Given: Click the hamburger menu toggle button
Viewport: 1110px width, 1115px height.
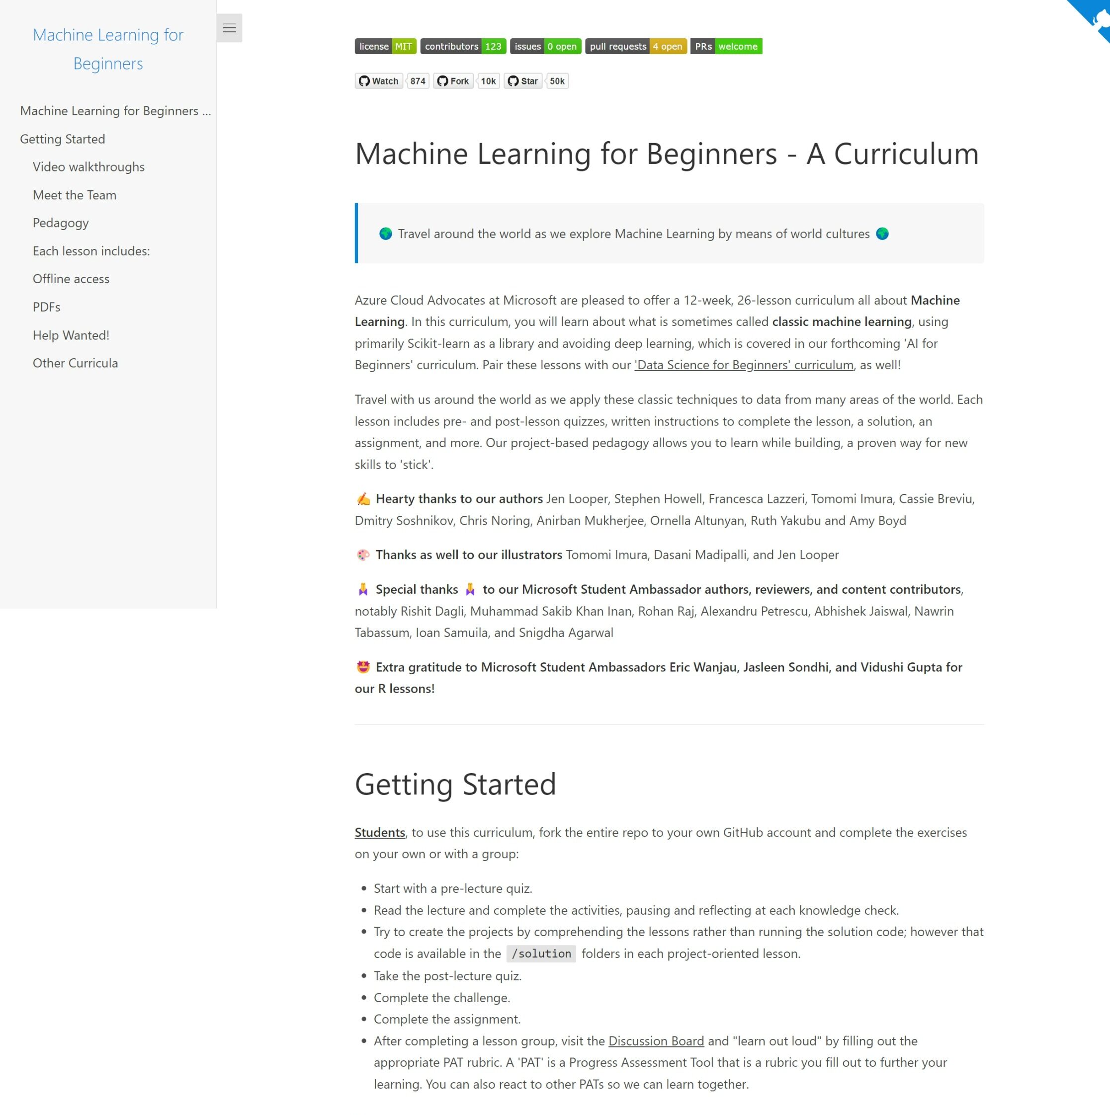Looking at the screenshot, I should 229,28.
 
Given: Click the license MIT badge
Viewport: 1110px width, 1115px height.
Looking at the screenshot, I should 385,46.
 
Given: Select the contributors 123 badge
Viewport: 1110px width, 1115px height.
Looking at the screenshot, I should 463,46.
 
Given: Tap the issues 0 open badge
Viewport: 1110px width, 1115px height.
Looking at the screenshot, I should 545,46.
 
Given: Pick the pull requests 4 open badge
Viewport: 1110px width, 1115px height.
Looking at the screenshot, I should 635,46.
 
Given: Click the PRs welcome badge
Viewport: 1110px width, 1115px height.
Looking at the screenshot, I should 726,46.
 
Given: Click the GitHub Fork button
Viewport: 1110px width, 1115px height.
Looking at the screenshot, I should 453,81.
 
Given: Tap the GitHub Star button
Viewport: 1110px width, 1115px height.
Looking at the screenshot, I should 523,81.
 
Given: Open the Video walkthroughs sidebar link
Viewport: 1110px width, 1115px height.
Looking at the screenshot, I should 88,167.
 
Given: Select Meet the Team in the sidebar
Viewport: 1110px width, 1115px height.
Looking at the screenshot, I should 75,195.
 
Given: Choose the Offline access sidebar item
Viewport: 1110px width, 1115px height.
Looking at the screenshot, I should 71,279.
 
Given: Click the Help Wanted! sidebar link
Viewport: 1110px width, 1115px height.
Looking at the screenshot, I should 71,335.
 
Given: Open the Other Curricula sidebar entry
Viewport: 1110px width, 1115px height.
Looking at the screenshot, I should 75,363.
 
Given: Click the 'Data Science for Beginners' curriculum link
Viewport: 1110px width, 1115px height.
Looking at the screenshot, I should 744,365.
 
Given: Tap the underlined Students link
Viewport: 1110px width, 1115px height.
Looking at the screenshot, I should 380,832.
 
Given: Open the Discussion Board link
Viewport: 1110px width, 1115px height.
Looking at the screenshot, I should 656,1040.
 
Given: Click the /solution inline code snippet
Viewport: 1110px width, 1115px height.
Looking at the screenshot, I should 541,954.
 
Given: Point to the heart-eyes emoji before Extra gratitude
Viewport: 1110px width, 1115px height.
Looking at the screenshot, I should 363,667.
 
